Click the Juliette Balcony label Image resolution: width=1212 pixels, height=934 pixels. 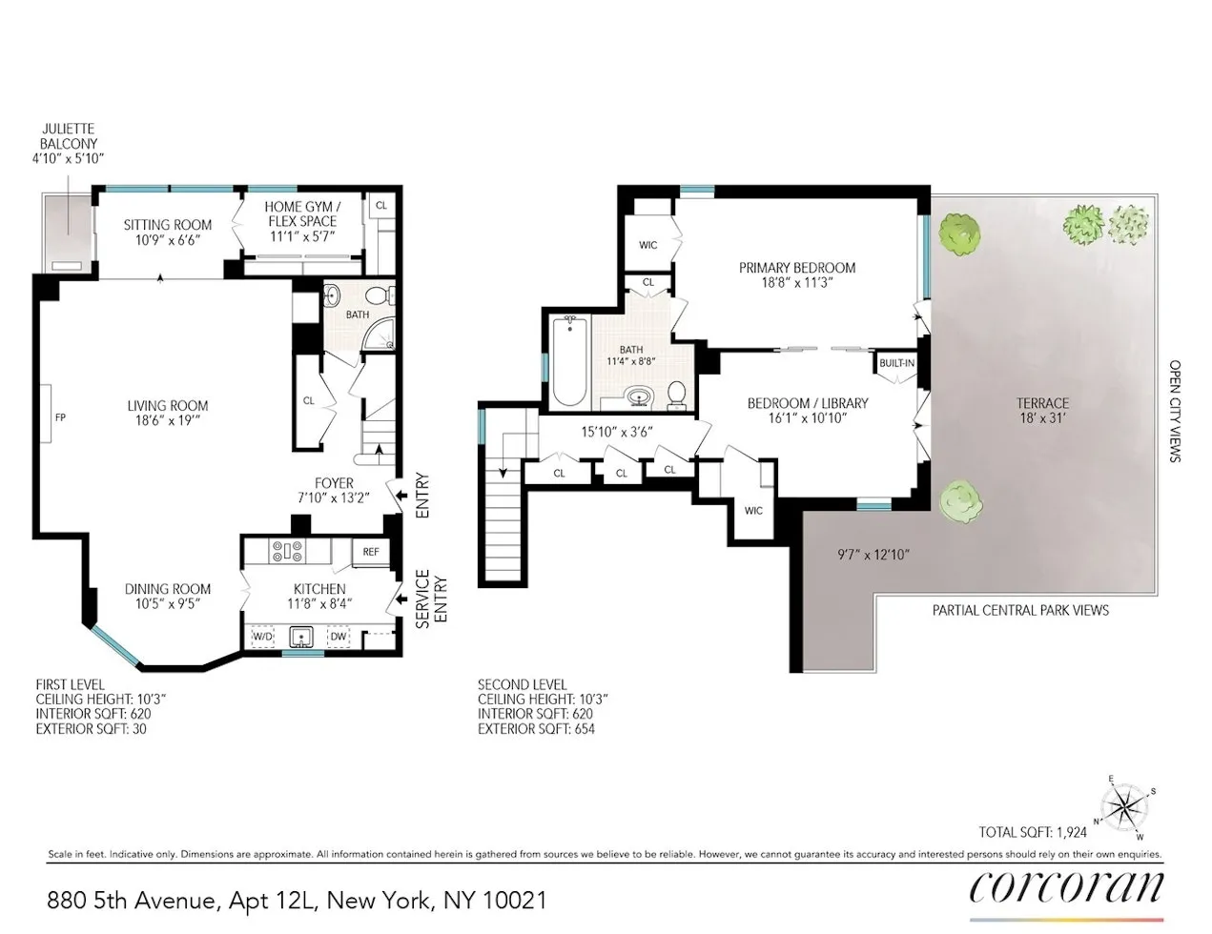click(68, 144)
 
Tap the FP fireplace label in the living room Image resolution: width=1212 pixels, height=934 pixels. click(59, 417)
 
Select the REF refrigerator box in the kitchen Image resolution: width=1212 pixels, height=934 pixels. click(371, 552)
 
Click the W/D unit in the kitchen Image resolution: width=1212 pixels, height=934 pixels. click(262, 636)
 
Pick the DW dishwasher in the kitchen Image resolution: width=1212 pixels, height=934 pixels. click(339, 636)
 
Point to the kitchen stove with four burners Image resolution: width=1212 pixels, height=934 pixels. click(288, 551)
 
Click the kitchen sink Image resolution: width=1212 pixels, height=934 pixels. click(301, 636)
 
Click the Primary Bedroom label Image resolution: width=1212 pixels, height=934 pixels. click(797, 274)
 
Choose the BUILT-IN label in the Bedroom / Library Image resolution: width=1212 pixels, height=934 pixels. click(896, 363)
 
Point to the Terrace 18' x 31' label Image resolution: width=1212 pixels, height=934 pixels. click(1042, 410)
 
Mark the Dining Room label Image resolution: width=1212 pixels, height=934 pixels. click(168, 596)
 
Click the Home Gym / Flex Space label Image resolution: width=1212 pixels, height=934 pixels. click(302, 221)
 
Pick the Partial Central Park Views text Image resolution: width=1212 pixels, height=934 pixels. click(1020, 610)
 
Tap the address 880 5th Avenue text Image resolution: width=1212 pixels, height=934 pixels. click(298, 900)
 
